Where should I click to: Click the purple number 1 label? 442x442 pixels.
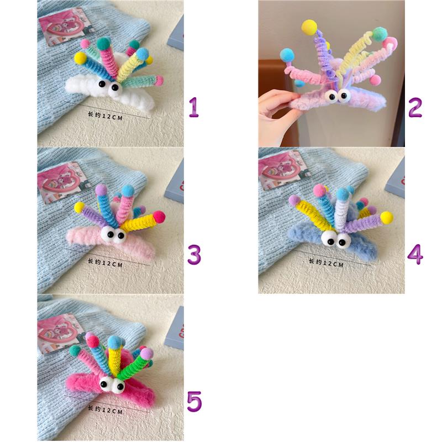(194, 107)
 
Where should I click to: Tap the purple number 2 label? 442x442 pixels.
(415, 107)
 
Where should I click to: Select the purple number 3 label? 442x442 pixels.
(194, 255)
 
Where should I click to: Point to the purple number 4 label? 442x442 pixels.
(415, 255)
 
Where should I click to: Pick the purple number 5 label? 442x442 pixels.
(194, 402)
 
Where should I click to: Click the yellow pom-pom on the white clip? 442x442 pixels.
(81, 57)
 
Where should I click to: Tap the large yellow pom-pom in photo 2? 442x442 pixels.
(309, 27)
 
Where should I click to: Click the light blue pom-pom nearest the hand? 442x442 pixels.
(287, 55)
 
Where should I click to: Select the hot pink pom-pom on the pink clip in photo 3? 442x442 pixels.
(159, 217)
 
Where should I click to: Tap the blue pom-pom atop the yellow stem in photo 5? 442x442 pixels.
(114, 341)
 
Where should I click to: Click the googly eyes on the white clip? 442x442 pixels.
(109, 86)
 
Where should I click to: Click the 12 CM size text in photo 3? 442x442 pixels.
(105, 264)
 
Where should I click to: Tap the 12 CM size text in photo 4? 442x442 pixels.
(326, 264)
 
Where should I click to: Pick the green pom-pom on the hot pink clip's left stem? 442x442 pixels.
(75, 350)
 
